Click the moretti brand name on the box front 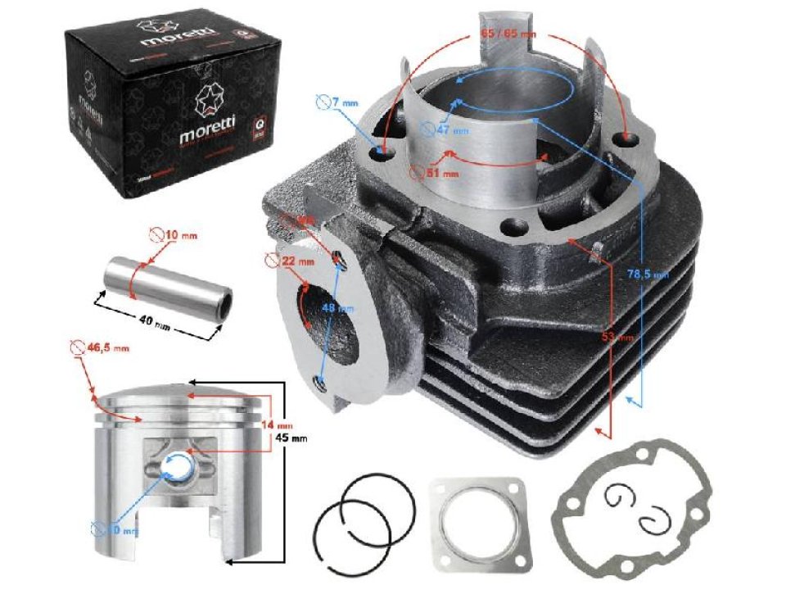(206, 134)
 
